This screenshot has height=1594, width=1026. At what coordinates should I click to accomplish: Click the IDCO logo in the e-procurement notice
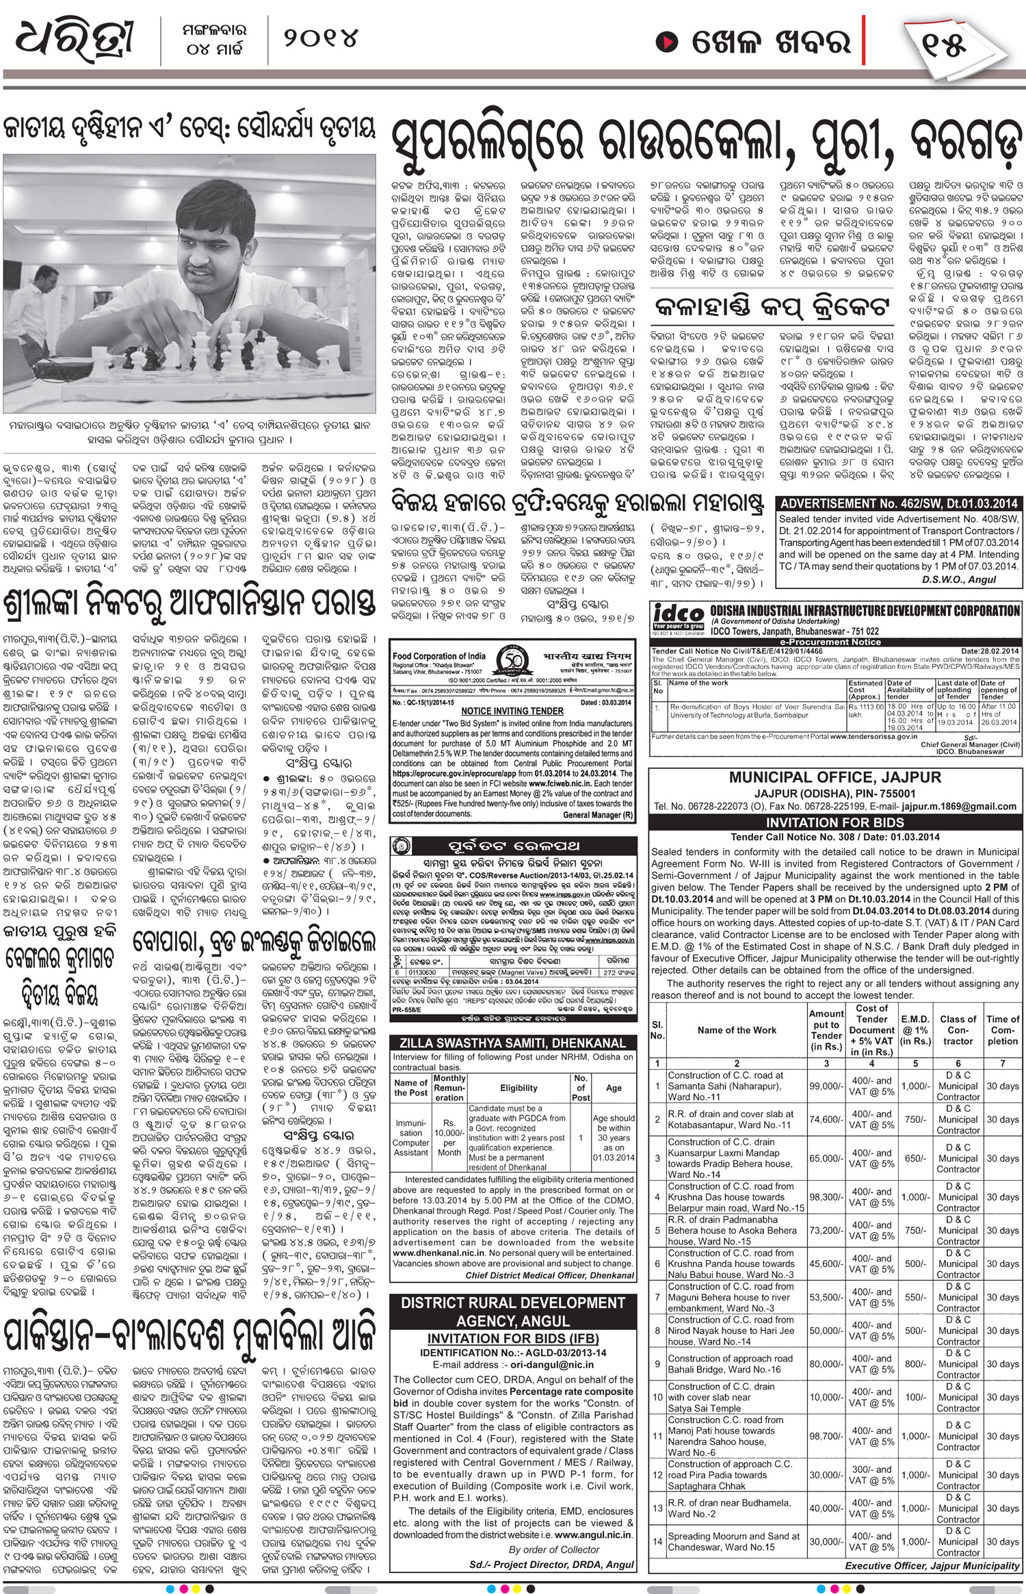click(x=677, y=613)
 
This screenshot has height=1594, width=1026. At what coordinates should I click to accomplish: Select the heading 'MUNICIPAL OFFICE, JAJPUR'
click(x=834, y=777)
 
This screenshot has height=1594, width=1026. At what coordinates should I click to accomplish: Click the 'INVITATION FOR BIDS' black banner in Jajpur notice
click(x=834, y=822)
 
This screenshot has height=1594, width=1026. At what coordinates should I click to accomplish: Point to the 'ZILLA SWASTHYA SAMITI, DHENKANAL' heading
click(x=513, y=1043)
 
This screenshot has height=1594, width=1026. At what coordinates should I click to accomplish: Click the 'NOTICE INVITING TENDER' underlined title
click(x=512, y=711)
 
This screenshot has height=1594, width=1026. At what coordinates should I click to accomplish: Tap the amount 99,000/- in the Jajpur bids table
click(x=826, y=1086)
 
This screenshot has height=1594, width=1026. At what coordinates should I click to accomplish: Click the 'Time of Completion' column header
click(x=1002, y=1030)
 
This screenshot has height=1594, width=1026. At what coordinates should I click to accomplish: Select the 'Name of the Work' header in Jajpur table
click(x=737, y=1030)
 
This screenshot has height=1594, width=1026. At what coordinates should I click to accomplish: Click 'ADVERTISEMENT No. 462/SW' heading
click(x=897, y=503)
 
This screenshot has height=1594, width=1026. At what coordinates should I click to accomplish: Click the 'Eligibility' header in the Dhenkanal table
click(x=518, y=1088)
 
